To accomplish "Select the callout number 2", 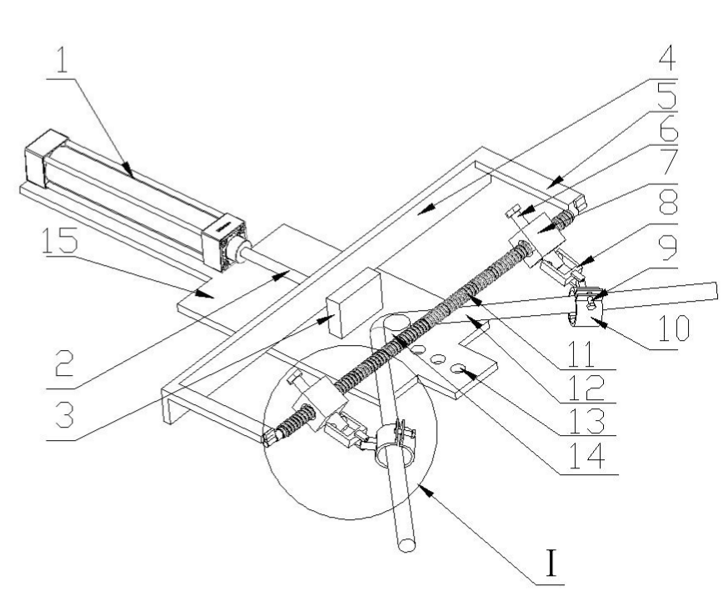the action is pos(64,363).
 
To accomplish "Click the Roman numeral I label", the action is pos(551,563).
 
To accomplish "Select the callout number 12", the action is pos(586,388).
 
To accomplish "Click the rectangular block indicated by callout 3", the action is pos(355,303).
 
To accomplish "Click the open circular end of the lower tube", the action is pos(406,544).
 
